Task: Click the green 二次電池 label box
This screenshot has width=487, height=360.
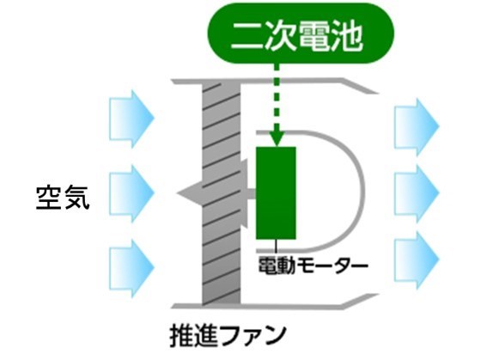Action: (x=301, y=34)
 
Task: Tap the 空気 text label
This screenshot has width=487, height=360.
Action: (x=63, y=198)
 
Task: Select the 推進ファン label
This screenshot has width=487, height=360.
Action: (x=228, y=335)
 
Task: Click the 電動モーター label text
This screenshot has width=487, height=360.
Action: (x=313, y=265)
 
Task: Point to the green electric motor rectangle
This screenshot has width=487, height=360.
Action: (x=276, y=193)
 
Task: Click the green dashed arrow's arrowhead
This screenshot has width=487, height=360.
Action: (x=276, y=139)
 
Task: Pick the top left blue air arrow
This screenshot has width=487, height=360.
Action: (x=131, y=119)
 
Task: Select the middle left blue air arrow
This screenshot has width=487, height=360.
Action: (x=131, y=193)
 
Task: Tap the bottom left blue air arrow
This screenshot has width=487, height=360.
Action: (x=131, y=268)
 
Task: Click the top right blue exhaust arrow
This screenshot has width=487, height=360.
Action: (x=417, y=126)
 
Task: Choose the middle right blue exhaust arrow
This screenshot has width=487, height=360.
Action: (x=417, y=193)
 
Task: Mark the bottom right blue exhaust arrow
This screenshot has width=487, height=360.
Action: (x=417, y=259)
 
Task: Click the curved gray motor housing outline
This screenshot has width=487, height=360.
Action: (x=362, y=190)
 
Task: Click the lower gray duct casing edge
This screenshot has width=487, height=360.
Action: (x=276, y=302)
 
